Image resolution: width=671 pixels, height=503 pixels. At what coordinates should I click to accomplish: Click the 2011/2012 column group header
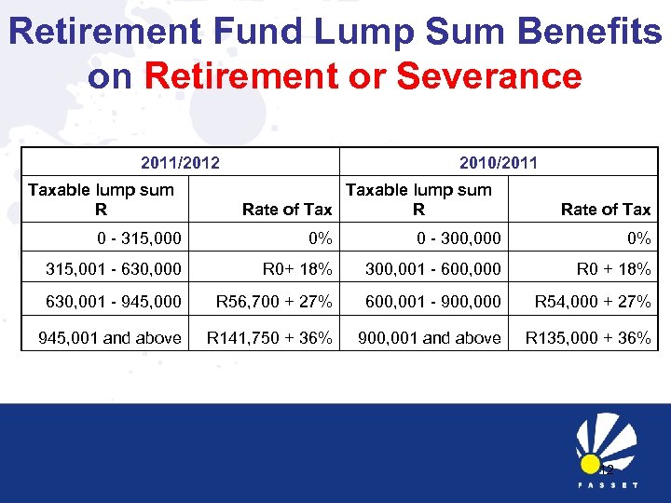pos(180,163)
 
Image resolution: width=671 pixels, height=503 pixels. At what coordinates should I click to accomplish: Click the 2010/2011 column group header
pos(499,163)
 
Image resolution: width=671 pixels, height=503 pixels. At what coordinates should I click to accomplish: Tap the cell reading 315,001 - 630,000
pos(115,270)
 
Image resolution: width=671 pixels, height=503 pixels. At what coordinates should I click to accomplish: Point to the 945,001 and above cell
pos(110,337)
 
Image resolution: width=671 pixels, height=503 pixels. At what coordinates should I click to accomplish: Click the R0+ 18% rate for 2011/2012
pos(297,270)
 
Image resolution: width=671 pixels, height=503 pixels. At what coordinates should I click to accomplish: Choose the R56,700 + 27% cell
pos(274,302)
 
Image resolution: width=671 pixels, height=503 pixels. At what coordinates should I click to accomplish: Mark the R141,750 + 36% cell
pos(269,337)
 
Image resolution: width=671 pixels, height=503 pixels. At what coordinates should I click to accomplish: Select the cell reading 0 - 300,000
pos(459,238)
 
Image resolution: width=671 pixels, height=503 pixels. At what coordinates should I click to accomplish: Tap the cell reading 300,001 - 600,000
pos(433,270)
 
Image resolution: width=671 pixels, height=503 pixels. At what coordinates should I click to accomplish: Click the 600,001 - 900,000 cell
pos(433,302)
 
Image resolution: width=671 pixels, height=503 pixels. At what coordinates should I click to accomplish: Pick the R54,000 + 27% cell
pos(592,302)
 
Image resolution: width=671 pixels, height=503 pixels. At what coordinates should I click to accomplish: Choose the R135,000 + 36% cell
pos(588,337)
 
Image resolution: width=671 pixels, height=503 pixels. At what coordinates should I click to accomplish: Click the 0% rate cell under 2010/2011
pos(638,238)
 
